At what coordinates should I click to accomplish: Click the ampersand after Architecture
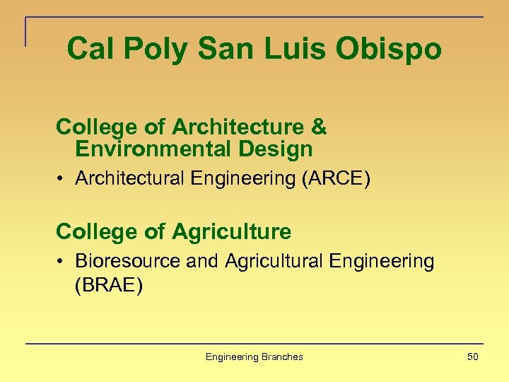click(319, 127)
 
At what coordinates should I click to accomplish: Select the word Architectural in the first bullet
click(131, 178)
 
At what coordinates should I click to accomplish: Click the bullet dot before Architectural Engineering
click(62, 179)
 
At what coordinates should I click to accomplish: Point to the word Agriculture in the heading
click(231, 231)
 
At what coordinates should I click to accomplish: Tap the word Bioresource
click(128, 261)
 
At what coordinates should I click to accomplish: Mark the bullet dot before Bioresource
click(62, 262)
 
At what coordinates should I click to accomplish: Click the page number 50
click(472, 357)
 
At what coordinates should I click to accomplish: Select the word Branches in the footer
click(282, 357)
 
